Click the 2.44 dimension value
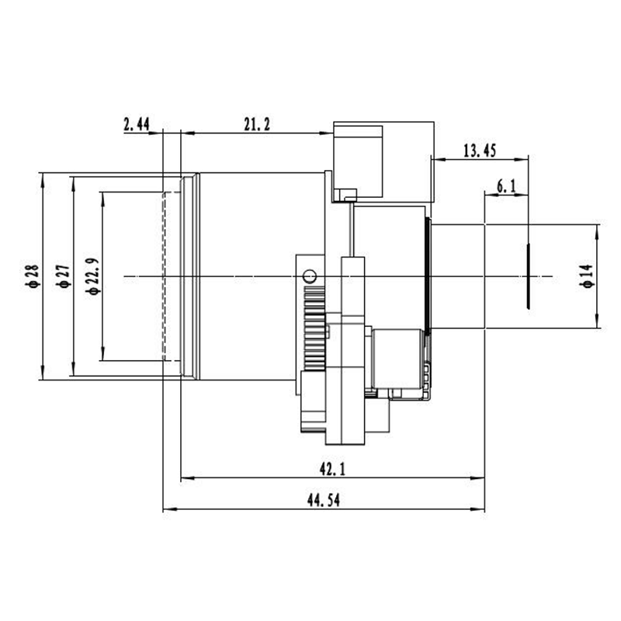pos(137,124)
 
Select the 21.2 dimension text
pos(257,124)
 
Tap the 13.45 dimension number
pos(480,151)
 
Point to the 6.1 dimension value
pos(507,186)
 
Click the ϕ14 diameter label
pos(588,276)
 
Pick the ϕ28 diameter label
pos(32,276)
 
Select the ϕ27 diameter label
pos(64,276)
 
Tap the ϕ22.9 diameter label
pos(93,276)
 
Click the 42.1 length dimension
pos(333,470)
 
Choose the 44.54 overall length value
pos(324,500)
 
